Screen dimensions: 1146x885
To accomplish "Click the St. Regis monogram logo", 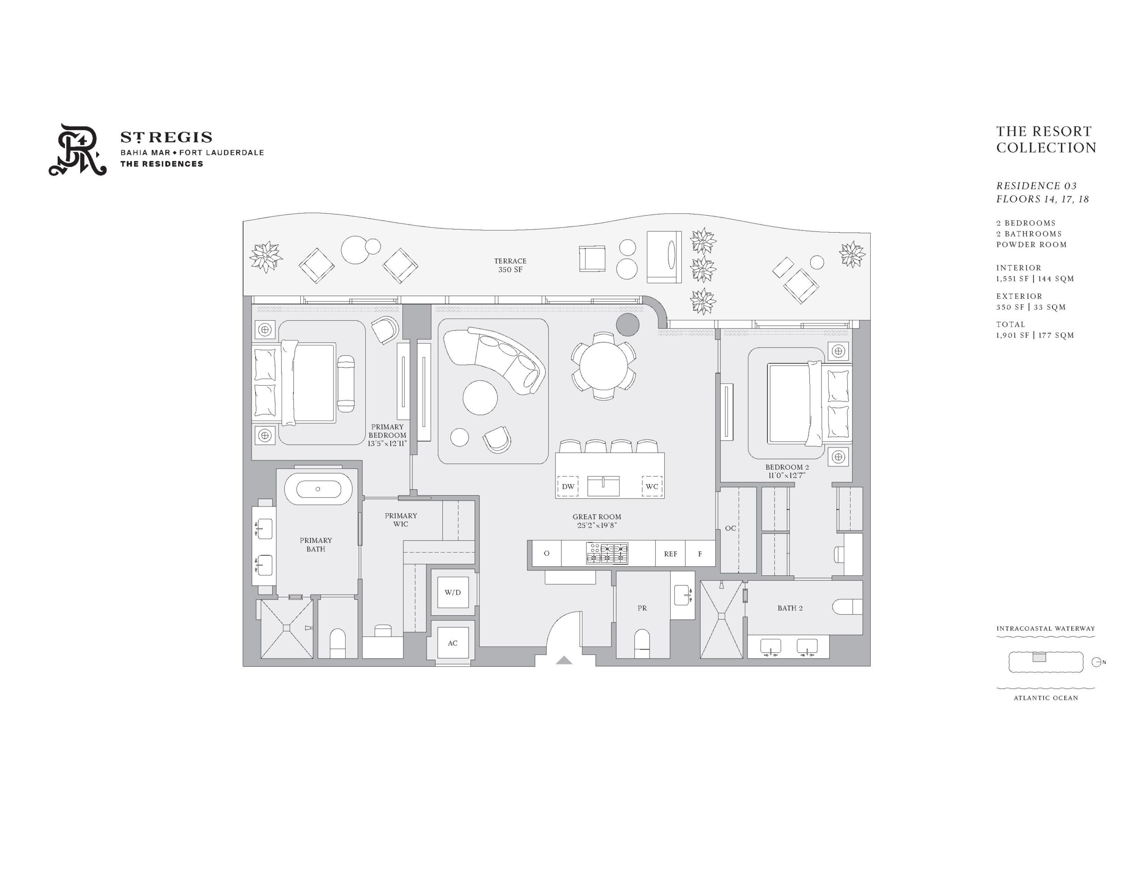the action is (77, 149).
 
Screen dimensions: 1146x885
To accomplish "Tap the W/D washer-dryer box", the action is (453, 592).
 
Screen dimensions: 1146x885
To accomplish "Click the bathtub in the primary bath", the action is (318, 489).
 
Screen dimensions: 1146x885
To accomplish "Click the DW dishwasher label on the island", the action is (568, 486).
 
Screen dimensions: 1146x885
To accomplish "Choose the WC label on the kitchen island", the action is (652, 486).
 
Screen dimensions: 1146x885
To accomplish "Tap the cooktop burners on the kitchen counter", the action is (607, 553).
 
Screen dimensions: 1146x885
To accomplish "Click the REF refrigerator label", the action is (670, 554).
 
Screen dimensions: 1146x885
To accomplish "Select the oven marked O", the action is (547, 553).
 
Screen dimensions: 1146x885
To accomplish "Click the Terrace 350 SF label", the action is (510, 265).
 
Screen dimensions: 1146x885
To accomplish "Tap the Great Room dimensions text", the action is (597, 525).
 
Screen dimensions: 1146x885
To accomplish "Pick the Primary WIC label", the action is (401, 519).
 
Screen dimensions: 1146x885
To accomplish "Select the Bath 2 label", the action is (790, 608).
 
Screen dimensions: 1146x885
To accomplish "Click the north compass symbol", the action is (1097, 662).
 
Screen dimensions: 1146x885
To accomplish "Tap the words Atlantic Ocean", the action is (1046, 698).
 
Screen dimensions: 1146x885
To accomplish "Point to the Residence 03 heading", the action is (1036, 186).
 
